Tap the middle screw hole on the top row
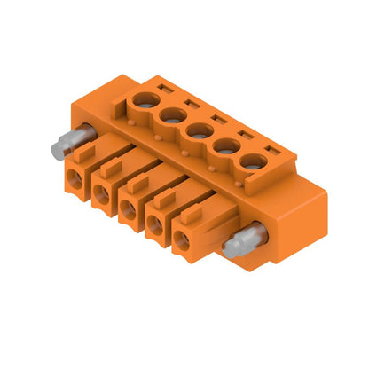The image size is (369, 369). coord(197,131)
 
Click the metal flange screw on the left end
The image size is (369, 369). coord(69,143)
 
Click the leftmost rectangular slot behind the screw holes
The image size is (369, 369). coord(164,88)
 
